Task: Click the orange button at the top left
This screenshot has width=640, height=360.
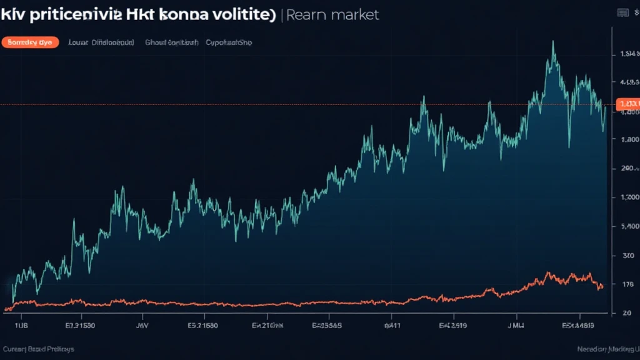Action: (30, 42)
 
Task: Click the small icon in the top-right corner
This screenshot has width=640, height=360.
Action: (622, 12)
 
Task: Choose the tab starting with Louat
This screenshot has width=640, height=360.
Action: (101, 42)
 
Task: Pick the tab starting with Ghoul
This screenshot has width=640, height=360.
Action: (172, 42)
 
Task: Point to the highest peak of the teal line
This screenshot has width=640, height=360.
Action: (553, 42)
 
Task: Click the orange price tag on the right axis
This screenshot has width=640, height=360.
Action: (627, 104)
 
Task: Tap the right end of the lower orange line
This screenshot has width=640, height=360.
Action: (601, 287)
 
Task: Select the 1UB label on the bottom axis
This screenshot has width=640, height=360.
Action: (21, 326)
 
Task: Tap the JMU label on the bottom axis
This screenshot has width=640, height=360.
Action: (515, 326)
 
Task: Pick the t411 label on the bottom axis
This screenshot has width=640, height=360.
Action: (392, 326)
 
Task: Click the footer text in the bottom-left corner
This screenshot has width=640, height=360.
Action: (38, 349)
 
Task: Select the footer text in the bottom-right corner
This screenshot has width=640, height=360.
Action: (607, 349)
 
